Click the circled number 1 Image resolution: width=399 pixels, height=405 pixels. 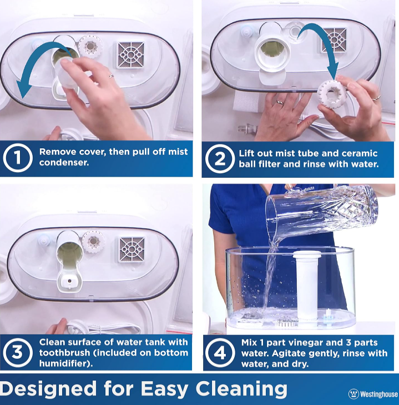[x=18, y=158]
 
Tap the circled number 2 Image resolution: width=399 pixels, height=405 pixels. [x=220, y=158]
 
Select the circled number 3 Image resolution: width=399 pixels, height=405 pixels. [x=18, y=352]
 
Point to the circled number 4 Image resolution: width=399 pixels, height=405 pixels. [x=220, y=353]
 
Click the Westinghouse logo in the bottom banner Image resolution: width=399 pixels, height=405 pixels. [x=373, y=394]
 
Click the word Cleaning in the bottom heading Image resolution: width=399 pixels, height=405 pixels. [x=241, y=389]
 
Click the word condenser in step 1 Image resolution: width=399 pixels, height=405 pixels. [x=64, y=162]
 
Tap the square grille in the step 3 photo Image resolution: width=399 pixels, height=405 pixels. [x=132, y=249]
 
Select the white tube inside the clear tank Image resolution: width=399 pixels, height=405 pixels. [x=307, y=285]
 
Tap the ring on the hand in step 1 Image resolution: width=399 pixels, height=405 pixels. [x=111, y=76]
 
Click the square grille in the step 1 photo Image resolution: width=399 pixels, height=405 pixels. [x=130, y=54]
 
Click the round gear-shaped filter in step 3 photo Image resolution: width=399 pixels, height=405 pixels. [x=93, y=242]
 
